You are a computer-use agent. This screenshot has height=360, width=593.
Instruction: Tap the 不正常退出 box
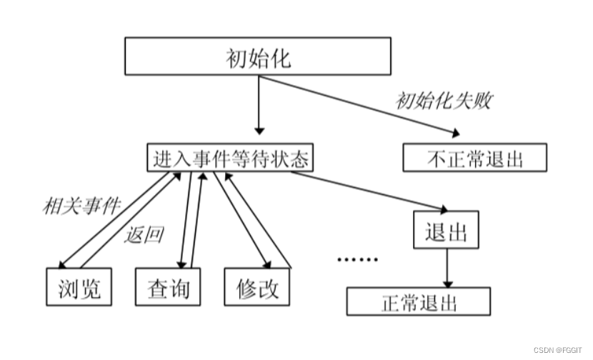475,158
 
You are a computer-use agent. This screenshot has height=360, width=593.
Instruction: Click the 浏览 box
79,287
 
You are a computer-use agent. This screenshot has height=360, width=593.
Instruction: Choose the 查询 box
168,287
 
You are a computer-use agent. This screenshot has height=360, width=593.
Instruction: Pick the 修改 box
257,287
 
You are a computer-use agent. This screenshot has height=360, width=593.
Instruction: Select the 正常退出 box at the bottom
419,301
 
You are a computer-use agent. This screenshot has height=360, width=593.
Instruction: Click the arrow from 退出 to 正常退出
447,267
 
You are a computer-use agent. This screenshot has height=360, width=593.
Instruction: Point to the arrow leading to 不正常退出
357,104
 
